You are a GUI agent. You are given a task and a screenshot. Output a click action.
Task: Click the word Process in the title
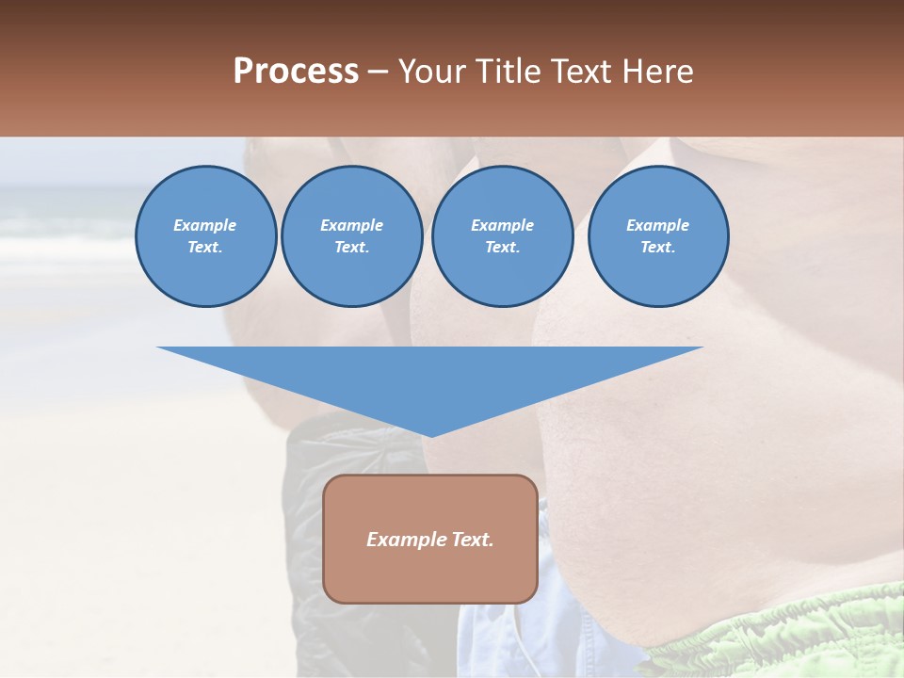[x=296, y=72]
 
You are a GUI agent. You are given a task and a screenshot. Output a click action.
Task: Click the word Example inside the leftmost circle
[x=205, y=225]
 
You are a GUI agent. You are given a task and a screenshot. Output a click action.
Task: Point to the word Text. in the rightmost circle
[x=657, y=247]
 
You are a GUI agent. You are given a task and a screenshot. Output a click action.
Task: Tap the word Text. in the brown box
[x=470, y=540]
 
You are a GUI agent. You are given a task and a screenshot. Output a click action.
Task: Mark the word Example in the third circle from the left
[x=502, y=225]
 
